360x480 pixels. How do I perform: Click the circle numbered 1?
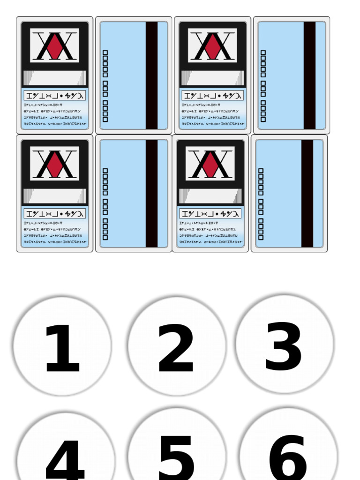click(x=62, y=346)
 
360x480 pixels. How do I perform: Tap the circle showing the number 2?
click(x=177, y=346)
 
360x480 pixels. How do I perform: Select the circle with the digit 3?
click(x=285, y=345)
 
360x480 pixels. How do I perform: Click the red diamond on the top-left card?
click(x=55, y=46)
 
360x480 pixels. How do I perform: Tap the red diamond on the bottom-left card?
click(x=55, y=164)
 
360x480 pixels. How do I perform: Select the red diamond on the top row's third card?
click(x=213, y=46)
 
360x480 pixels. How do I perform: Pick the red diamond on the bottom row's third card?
click(x=210, y=164)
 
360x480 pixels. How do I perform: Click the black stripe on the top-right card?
click(x=309, y=75)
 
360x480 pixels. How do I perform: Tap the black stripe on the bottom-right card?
click(x=307, y=194)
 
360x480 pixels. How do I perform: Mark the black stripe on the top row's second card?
click(x=151, y=75)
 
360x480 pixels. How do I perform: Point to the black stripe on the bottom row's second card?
click(x=151, y=194)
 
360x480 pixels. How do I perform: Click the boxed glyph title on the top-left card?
click(x=55, y=96)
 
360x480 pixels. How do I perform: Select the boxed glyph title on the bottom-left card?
click(x=55, y=214)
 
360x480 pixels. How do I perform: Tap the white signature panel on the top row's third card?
click(x=213, y=78)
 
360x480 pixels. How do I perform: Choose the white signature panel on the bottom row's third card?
click(x=210, y=196)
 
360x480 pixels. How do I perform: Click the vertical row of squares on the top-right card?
click(x=263, y=86)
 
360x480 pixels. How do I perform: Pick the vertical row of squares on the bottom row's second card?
click(x=105, y=204)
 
